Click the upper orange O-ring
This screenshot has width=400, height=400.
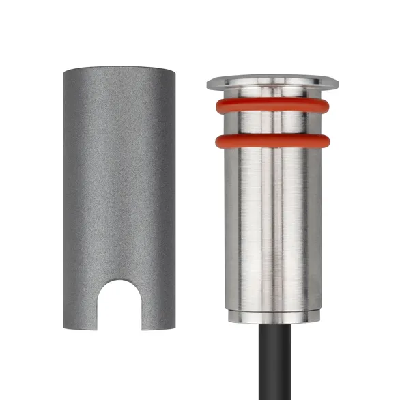coord(272,106)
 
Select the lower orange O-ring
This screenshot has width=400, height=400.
coord(272,142)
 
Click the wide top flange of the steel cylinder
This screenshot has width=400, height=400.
coord(272,83)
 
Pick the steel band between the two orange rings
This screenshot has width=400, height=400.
coord(272,124)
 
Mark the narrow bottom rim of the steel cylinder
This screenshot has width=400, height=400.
coord(272,317)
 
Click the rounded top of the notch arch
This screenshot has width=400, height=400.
coord(119,281)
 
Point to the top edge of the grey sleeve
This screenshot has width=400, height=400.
coord(119,70)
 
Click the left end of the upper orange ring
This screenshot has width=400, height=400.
coord(217,106)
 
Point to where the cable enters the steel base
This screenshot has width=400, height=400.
coord(273,324)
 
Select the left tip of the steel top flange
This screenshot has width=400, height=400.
coord(208,83)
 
